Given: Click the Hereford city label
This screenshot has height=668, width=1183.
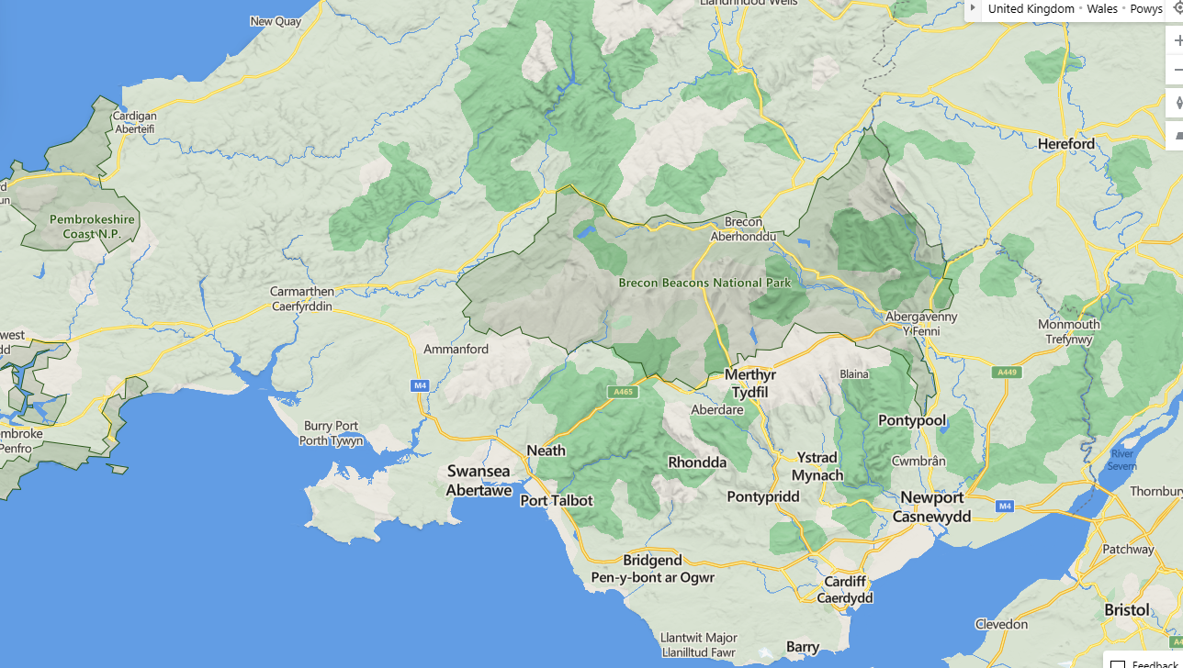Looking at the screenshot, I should pos(1065,144).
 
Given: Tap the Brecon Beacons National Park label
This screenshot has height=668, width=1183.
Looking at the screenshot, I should pos(704,283).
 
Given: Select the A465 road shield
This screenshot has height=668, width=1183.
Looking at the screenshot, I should pos(623,392).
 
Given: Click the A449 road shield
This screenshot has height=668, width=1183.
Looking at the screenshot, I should pos(1007,372).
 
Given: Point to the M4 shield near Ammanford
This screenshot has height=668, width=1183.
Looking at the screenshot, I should pos(420,385).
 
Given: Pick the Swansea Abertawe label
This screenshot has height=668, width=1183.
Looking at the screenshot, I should pos(479,480).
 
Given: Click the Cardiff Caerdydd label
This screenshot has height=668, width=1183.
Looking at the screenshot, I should pos(845,589).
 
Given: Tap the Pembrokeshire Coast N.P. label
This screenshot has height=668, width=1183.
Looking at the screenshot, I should pos(92,227).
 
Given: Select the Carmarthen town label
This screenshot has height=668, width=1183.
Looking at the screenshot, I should pos(302,298).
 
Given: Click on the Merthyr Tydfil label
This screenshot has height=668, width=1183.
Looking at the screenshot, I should pos(750,383).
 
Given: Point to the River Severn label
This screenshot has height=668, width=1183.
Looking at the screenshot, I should pos(1121,460).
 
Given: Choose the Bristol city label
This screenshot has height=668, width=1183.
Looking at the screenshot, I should pos(1127,610).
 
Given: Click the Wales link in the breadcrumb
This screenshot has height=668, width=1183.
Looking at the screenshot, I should pos(1102,8).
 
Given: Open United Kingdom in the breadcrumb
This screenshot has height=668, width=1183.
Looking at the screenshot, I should pos(1031,8).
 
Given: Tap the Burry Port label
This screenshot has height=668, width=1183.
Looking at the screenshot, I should pos(331,433).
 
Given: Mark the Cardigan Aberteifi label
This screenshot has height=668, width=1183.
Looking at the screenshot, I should pos(135,122).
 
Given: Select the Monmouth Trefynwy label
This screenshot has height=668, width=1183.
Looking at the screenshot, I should pos(1068,331).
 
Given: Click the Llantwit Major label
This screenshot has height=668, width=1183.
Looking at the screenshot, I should pos(698,645).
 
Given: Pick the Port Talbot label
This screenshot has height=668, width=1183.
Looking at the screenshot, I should pos(557,501).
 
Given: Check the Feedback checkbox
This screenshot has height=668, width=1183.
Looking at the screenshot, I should pos(1118,663).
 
